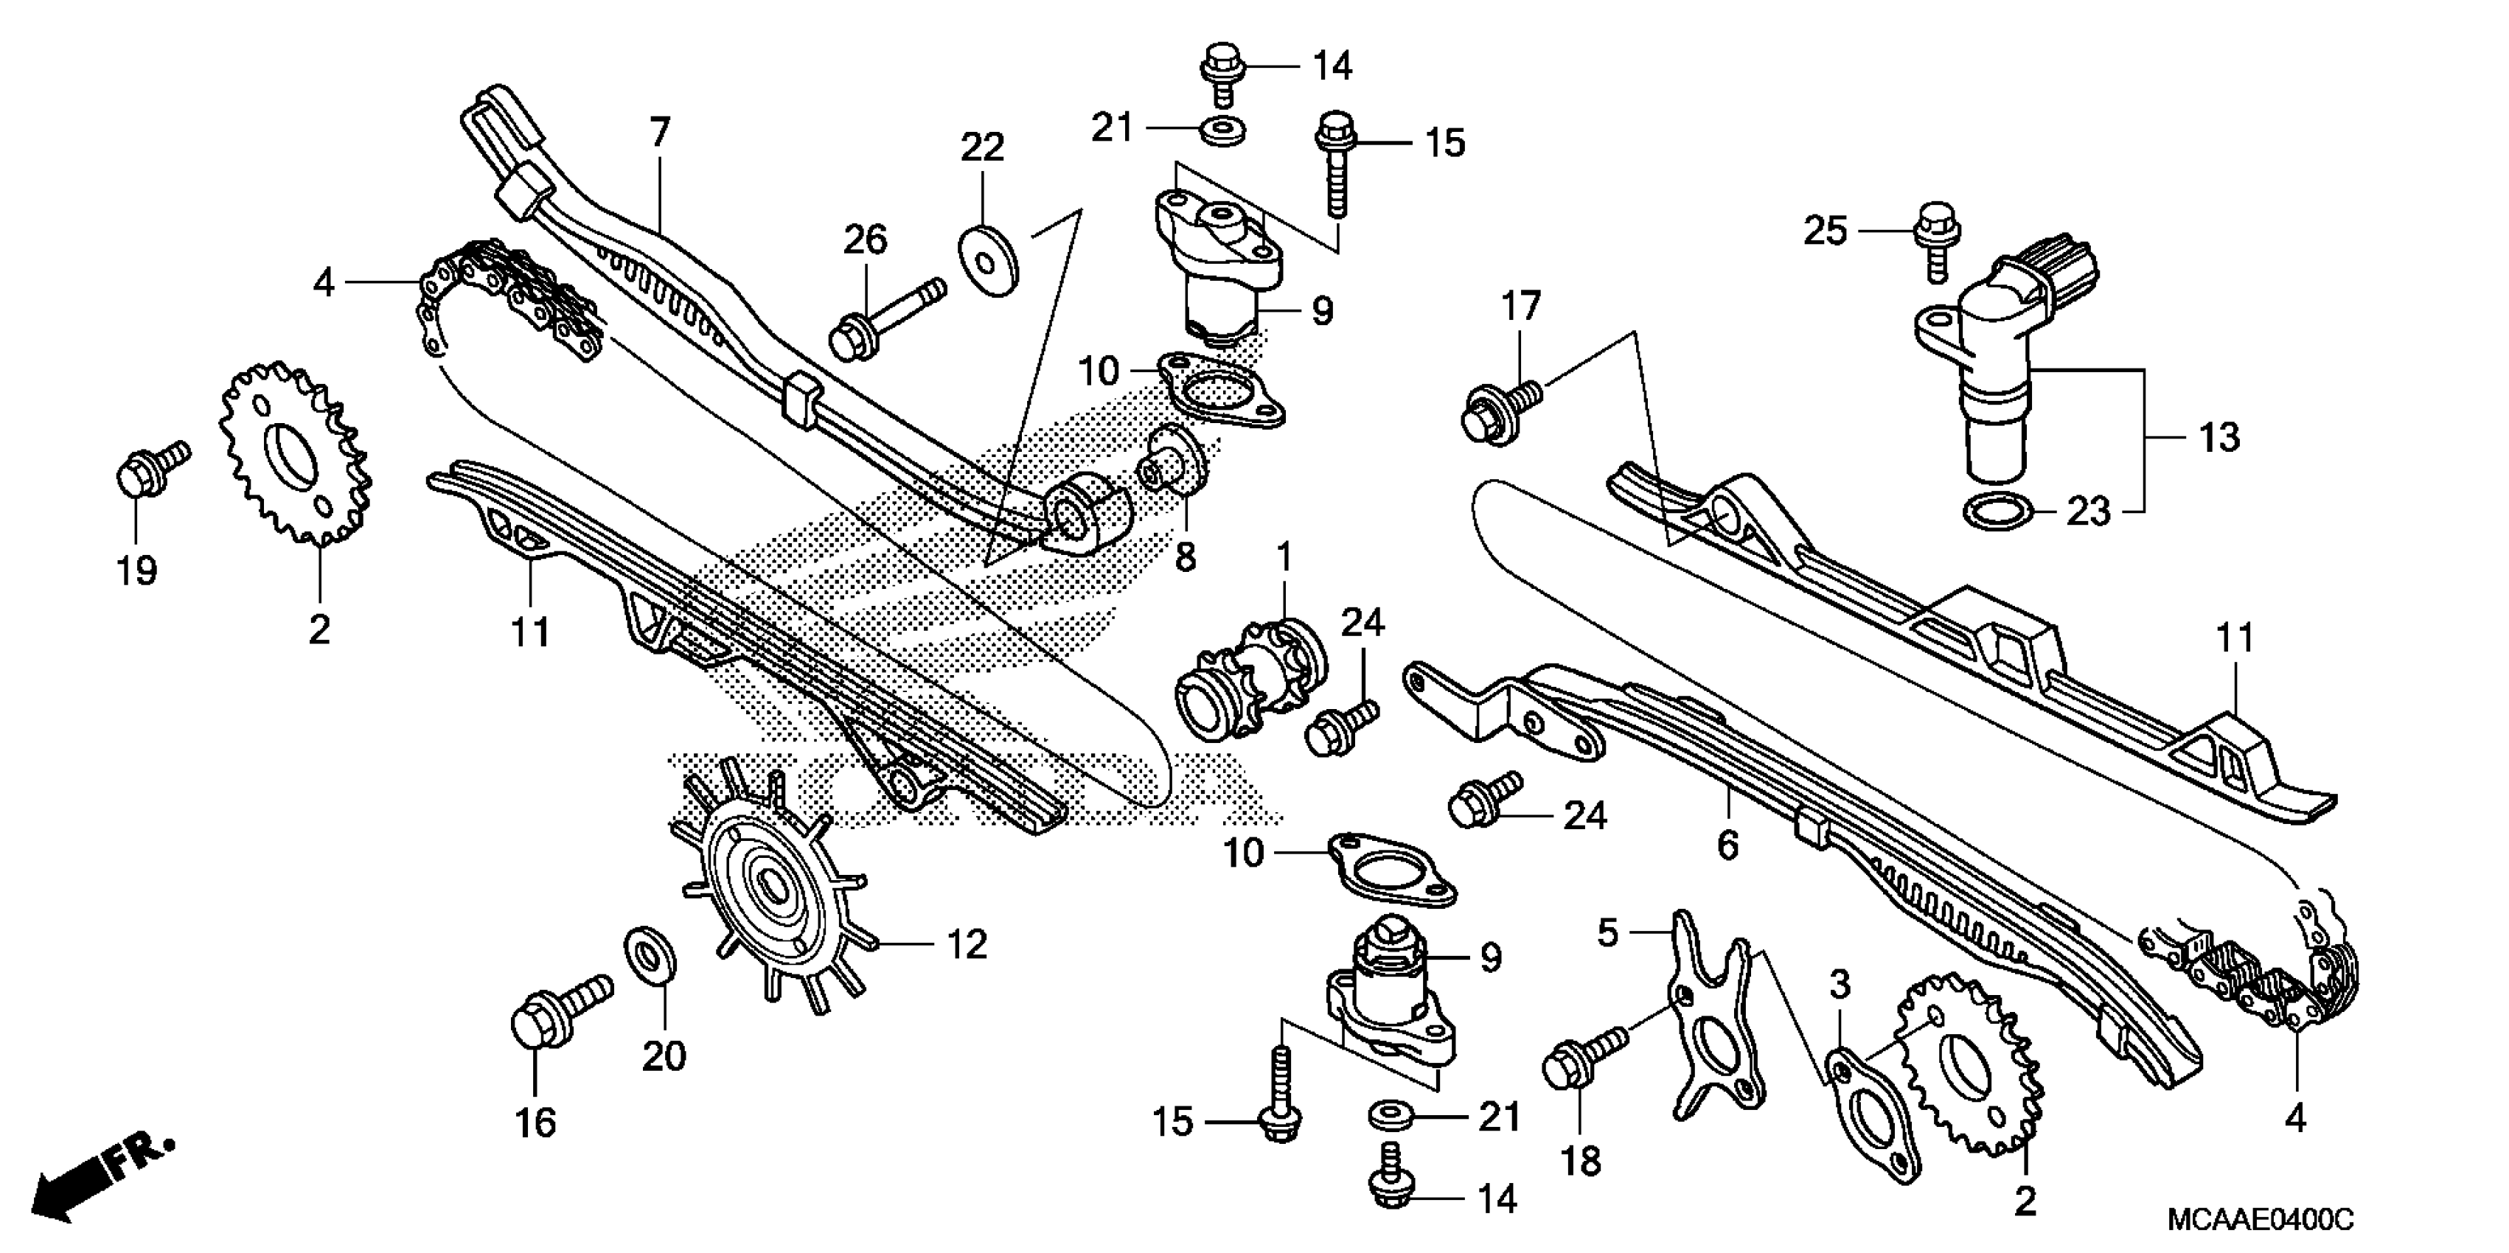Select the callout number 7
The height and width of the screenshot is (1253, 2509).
661,133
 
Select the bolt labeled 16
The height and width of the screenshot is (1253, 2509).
559,1013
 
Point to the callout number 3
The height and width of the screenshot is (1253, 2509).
1839,985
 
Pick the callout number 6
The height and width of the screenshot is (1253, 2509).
1726,845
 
